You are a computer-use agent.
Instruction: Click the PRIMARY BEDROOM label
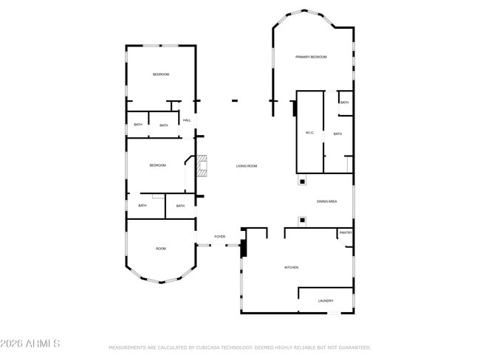[x=311, y=57]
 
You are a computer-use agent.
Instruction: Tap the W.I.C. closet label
[x=310, y=133]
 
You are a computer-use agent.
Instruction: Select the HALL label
[x=187, y=120]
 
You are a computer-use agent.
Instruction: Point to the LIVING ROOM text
[x=247, y=166]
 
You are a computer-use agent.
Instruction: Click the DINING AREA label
[x=327, y=201]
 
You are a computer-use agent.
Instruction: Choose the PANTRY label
[x=346, y=232]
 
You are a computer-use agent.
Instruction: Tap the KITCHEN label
[x=291, y=267]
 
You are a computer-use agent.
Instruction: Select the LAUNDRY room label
[x=326, y=301]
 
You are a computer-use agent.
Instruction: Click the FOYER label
[x=220, y=237]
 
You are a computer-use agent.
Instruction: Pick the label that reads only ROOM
[x=161, y=249]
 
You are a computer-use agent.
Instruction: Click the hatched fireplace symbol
[x=202, y=167]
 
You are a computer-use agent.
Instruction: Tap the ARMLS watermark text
[x=30, y=344]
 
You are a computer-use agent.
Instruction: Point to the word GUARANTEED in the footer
[x=352, y=347]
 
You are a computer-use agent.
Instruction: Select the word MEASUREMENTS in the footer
[x=128, y=347]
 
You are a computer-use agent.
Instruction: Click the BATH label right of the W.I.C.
[x=337, y=134]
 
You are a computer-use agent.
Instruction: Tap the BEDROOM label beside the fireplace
[x=157, y=165]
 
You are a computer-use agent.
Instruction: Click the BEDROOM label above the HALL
[x=161, y=75]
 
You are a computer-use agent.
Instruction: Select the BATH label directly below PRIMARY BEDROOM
[x=345, y=103]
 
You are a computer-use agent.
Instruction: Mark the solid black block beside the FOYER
[x=243, y=247]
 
